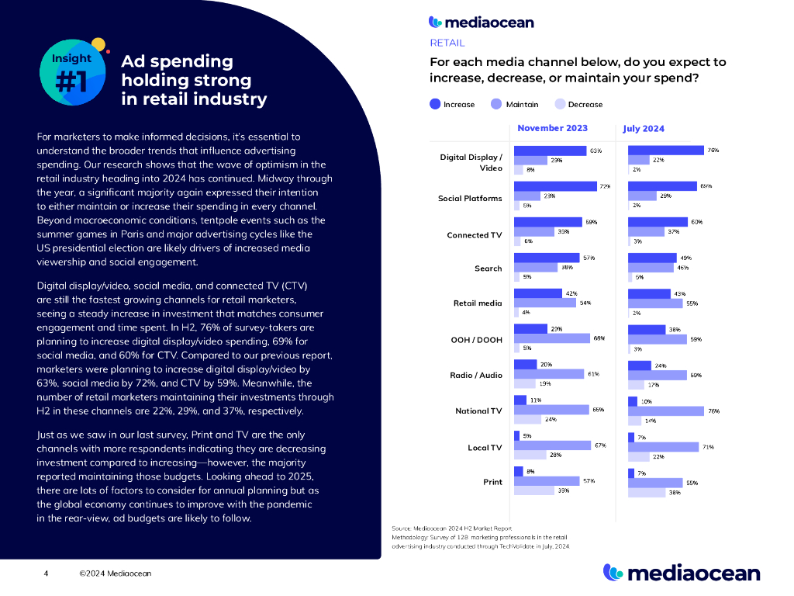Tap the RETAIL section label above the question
pyautogui.click(x=447, y=43)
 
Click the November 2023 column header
pyautogui.click(x=552, y=128)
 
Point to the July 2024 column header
pyautogui.click(x=644, y=129)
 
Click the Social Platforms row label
pyautogui.click(x=470, y=198)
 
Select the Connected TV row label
pyautogui.click(x=475, y=234)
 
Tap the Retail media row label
pyautogui.click(x=478, y=303)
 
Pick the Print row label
pyautogui.click(x=492, y=482)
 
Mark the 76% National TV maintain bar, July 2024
pyautogui.click(x=665, y=411)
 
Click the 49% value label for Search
pyautogui.click(x=685, y=258)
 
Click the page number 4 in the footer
pyautogui.click(x=46, y=573)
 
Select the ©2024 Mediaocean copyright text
pyautogui.click(x=115, y=573)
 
